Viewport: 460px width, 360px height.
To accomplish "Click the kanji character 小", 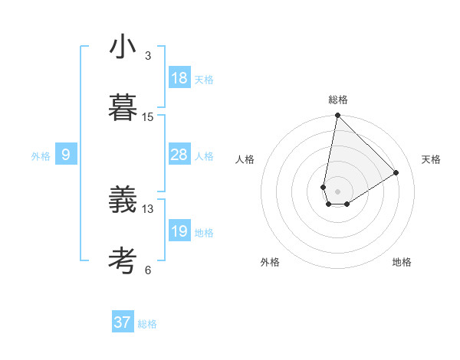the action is coord(123,47).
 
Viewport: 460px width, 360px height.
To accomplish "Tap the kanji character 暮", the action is coord(123,108).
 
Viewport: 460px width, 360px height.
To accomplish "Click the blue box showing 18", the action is coord(179,78).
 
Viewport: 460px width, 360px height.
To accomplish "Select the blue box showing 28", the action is coord(179,155).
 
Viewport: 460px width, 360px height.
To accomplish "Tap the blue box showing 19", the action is coord(179,231).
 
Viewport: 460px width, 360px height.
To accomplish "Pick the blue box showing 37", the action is coord(123,322).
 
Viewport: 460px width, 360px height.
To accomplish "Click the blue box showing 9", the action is coord(66,155).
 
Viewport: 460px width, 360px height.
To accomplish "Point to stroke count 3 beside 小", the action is coord(148,56).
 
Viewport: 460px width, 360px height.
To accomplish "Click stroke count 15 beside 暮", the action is coord(148,117).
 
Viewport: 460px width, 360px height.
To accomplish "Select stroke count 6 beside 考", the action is coord(148,270).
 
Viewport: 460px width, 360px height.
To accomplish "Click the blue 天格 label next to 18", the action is coord(204,80).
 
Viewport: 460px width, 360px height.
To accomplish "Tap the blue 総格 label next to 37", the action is coord(147,324).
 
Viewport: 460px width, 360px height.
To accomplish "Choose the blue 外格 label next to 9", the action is coord(41,156).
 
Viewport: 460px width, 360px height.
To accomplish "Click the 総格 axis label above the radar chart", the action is coord(338,100).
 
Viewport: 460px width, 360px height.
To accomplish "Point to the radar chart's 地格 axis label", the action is coord(402,262).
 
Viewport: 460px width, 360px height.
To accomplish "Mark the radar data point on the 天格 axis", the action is coord(396,172).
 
